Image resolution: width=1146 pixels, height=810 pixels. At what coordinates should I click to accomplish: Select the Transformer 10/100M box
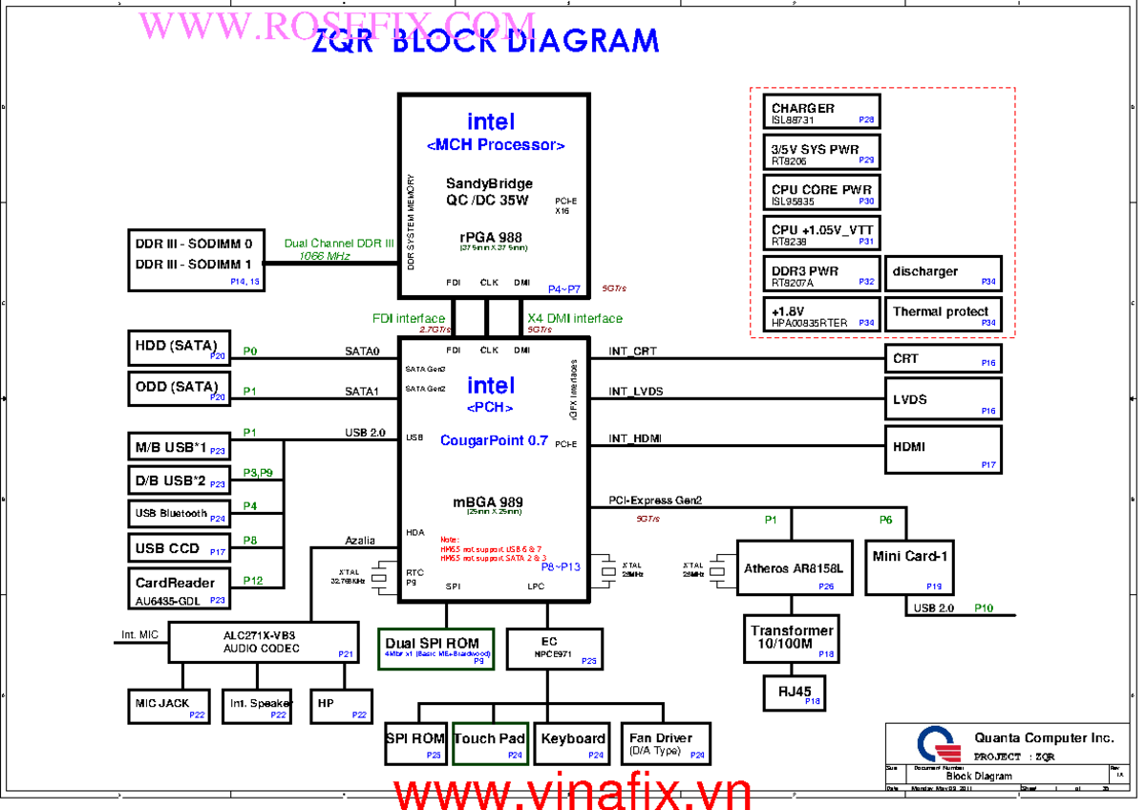pos(792,638)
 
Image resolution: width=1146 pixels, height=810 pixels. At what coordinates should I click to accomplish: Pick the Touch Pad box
pos(490,742)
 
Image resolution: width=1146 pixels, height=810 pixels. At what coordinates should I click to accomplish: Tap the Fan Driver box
pos(667,742)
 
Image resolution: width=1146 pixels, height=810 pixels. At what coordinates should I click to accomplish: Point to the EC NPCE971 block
pos(555,649)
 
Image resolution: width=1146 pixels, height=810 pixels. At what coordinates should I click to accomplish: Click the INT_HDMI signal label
pos(635,438)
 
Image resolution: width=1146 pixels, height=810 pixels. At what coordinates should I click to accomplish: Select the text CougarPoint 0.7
pos(494,440)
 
